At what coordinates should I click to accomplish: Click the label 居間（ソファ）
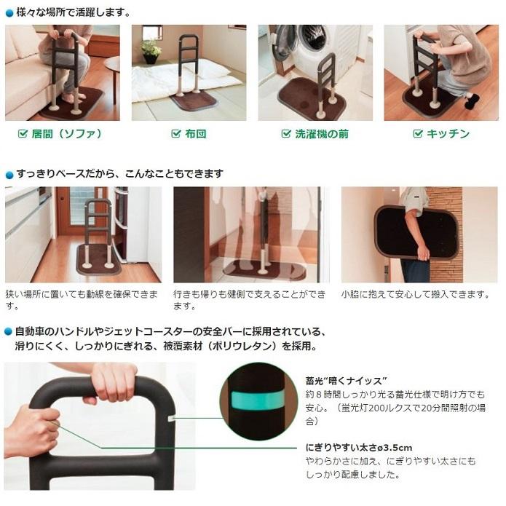point(66,134)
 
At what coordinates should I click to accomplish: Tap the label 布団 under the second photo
point(194,134)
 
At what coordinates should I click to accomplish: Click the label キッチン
point(448,134)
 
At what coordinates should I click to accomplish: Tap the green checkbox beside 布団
point(175,134)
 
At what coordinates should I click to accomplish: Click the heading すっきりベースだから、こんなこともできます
point(119,174)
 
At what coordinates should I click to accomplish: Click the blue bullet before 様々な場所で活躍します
point(9,13)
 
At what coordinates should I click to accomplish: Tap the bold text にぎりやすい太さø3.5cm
point(355,447)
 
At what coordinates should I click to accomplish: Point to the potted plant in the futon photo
point(151,50)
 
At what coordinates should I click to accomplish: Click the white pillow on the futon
point(206,69)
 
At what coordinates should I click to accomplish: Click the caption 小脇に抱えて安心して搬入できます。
point(415,294)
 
